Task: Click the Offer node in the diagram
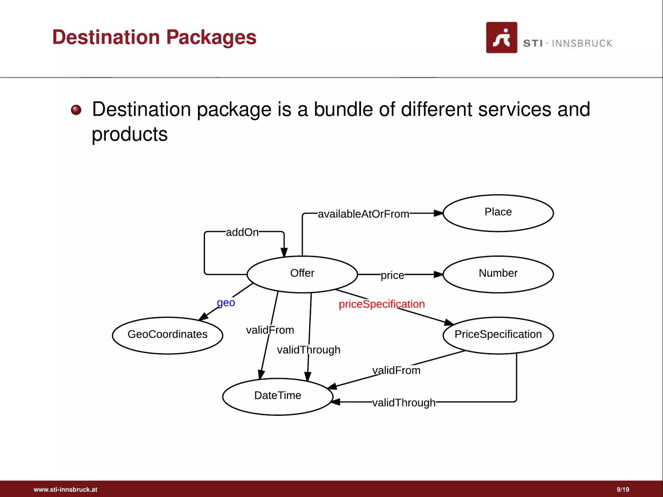coord(302,274)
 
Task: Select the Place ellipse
coord(498,213)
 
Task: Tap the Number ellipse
coord(498,274)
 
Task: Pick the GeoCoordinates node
coord(167,335)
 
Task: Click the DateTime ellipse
coord(278,396)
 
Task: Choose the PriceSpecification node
coord(498,335)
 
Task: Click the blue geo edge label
coord(226,303)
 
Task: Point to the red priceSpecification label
coord(381,304)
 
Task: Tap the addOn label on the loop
coord(242,232)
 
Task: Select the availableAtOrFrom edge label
coord(363,214)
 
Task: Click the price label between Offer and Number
coord(392,275)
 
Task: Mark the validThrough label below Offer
coord(308,350)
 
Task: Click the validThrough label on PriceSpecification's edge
coord(403,403)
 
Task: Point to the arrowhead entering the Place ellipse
coord(439,213)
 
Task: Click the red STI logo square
coord(501,38)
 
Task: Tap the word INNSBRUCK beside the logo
coord(582,43)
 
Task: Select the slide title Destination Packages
coord(154,37)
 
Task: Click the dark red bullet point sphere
coord(76,110)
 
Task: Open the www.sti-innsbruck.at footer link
coord(65,490)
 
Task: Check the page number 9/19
coord(623,490)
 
